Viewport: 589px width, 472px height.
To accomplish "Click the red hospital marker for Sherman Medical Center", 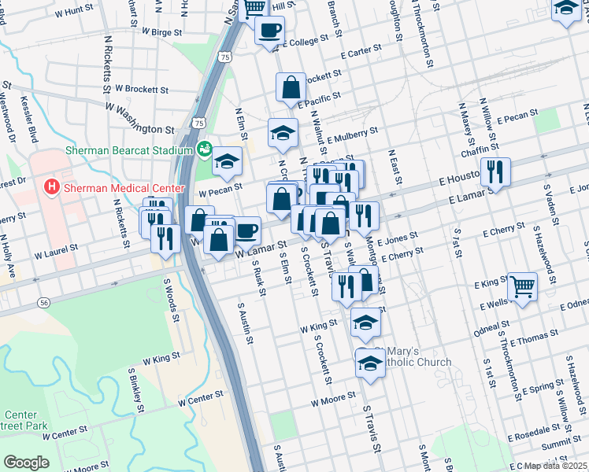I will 52,188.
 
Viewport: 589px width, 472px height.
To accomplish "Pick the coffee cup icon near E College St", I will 269,30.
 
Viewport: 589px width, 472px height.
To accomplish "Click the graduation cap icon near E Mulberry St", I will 283,132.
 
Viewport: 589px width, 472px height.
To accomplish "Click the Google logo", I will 26,463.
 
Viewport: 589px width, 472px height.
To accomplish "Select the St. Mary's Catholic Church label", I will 413,356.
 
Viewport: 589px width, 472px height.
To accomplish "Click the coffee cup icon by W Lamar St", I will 246,230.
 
